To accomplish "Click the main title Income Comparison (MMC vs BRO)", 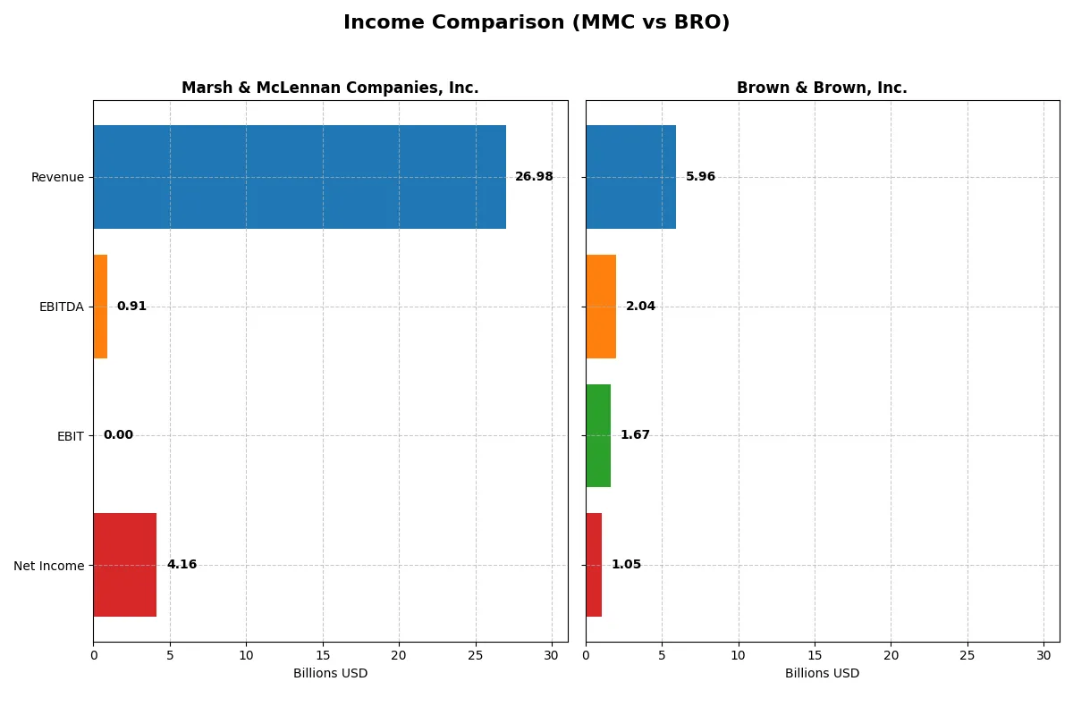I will coord(536,23).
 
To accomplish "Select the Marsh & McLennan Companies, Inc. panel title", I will coord(330,88).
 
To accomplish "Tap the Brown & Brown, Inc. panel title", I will coord(822,88).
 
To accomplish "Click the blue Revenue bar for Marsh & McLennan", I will coord(300,177).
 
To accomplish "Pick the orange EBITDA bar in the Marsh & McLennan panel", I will coord(100,307).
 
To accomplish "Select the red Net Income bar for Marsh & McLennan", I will coord(125,565).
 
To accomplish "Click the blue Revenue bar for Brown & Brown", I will coord(630,177).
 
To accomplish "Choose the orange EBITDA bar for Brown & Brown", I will coord(601,307).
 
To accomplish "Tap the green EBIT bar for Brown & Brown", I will coord(598,435).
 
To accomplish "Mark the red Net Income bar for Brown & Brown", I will coord(594,565).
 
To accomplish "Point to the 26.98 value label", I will coord(534,177).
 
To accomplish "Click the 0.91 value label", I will coord(131,307).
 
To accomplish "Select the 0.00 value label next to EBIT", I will coord(118,435).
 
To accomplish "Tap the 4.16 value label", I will coord(182,565).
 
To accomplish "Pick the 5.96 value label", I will coord(700,177).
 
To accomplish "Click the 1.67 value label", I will coord(635,435).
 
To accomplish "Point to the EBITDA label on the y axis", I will coord(62,307).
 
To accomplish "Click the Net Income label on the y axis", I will coord(49,565).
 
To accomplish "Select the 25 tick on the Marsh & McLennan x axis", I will coord(476,655).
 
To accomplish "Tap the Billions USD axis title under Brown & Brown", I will coord(822,673).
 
